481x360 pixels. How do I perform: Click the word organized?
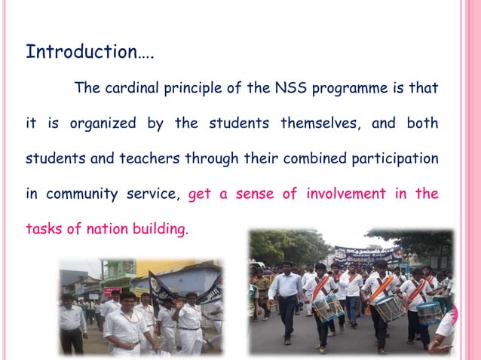pyautogui.click(x=103, y=124)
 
